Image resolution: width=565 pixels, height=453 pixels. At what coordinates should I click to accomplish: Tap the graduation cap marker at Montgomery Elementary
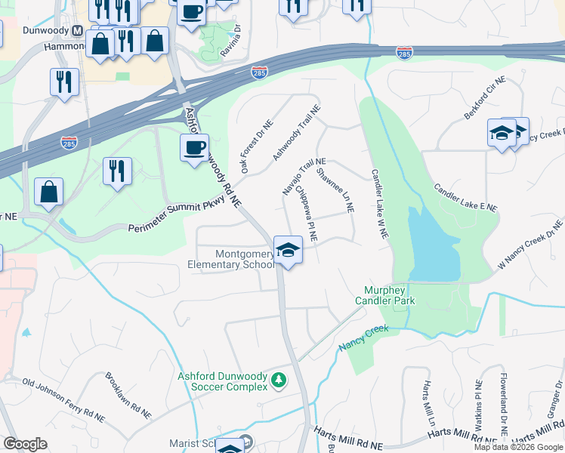(288, 250)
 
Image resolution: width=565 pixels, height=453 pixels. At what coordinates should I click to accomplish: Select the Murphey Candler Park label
(385, 295)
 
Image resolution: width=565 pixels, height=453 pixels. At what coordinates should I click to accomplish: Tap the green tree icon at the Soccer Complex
(279, 379)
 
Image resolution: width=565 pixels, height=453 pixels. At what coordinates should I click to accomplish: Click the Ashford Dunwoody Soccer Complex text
(222, 381)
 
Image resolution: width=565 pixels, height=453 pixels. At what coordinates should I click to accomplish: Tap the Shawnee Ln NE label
(335, 190)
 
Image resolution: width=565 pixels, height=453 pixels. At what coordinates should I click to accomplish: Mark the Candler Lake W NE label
(379, 205)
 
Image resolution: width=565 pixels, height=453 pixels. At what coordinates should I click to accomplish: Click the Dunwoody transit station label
(41, 31)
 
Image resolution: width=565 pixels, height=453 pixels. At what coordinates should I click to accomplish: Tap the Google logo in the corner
(25, 444)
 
